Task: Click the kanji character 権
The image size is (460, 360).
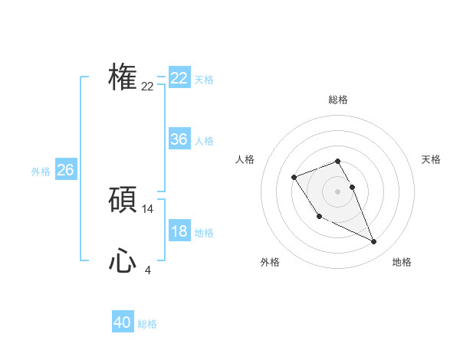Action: coord(123,77)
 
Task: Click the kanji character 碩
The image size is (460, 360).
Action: coord(123,200)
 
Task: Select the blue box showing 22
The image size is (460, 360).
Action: coord(179,78)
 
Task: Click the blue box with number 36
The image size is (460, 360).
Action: coord(179,139)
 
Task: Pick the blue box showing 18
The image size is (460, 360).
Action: coord(179,231)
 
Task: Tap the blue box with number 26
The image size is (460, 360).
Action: coord(65,170)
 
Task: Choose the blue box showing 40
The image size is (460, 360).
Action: coord(122,322)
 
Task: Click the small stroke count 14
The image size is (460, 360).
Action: coord(148,208)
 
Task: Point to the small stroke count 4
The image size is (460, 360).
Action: coord(148,270)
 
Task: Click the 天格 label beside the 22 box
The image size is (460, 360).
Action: coord(204,80)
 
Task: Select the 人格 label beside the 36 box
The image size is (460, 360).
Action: coord(204,141)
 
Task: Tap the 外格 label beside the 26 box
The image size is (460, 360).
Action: coord(41,172)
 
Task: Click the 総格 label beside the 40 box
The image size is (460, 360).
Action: coord(147,324)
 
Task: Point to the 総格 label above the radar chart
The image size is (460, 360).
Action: coord(337,100)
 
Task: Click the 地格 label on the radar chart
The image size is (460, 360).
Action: coord(402,262)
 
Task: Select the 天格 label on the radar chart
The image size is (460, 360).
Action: coord(431,159)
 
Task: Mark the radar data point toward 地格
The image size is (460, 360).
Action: coord(374,242)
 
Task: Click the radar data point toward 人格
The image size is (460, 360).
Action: coord(294,178)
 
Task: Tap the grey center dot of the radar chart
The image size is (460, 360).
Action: coord(337,191)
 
